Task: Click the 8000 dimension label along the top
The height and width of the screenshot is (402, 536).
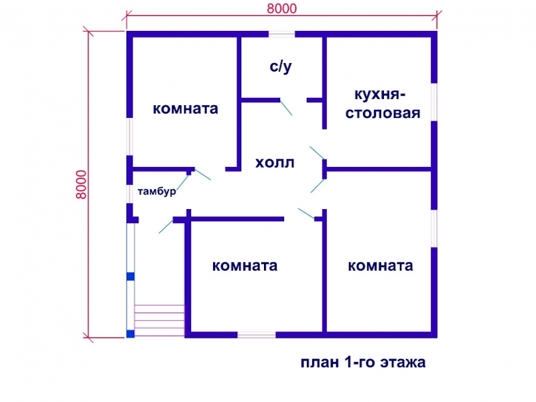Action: coord(281,8)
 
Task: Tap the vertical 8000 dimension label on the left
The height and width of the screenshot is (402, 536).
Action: coord(81,185)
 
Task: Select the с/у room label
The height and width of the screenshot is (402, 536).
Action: coord(281,67)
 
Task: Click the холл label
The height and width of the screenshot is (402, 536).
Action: coord(275,163)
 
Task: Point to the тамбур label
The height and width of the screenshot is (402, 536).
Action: coord(157,191)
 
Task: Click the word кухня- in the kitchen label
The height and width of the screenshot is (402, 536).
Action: coord(379,94)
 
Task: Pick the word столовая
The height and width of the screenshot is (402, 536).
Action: coord(383,113)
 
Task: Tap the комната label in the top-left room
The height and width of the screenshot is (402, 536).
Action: coord(186,109)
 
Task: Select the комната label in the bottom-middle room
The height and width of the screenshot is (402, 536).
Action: coord(245,265)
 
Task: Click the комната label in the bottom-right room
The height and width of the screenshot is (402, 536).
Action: coord(381,265)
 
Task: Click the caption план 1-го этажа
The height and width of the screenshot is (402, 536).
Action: coord(363,362)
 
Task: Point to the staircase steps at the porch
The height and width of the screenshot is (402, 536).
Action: coord(159,320)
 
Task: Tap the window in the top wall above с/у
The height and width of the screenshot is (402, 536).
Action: coord(281,34)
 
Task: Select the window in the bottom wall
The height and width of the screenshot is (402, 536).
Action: coord(257,334)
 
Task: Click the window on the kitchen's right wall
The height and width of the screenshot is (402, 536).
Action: coord(434,102)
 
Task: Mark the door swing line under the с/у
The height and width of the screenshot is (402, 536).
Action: coord(286,107)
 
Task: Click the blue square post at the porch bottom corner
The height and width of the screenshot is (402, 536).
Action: coord(130,334)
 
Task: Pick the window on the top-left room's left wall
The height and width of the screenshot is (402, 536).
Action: coord(129,137)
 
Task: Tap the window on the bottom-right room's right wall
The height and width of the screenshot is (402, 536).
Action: coord(434,228)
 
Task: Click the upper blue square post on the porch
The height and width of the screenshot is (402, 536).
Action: coord(130,276)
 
